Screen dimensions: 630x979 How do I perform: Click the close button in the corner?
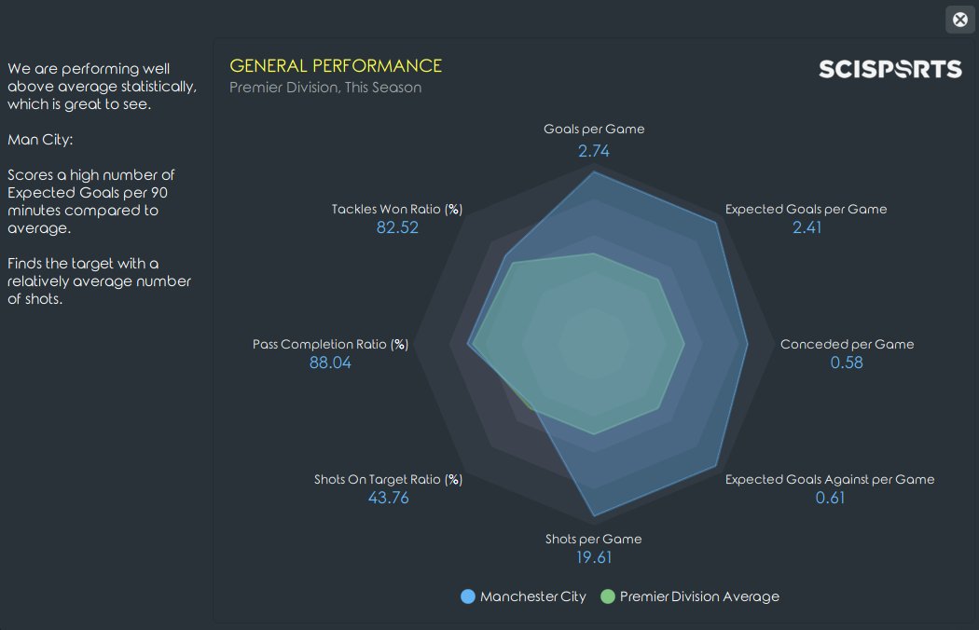(x=959, y=20)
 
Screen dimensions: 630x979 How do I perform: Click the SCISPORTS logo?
(x=889, y=69)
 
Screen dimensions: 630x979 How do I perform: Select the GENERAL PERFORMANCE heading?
(x=336, y=66)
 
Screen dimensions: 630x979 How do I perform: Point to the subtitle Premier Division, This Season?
(x=325, y=88)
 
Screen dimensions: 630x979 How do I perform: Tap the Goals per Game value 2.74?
(x=593, y=150)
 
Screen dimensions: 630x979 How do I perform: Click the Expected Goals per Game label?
(x=806, y=209)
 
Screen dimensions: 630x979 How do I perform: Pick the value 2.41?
(x=807, y=227)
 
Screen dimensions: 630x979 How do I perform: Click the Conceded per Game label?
(x=847, y=344)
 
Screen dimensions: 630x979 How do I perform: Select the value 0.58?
(x=847, y=363)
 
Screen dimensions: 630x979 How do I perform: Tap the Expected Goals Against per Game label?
(x=829, y=479)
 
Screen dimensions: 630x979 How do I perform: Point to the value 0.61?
(x=830, y=498)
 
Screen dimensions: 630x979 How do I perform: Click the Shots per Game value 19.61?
(x=594, y=558)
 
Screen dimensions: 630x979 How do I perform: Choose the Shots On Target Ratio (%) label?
(x=388, y=479)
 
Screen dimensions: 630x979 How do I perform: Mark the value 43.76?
(x=389, y=498)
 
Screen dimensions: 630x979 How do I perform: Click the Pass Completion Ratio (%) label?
(x=330, y=344)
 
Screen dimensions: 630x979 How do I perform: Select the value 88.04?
(x=330, y=363)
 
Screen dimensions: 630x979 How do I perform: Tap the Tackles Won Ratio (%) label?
(x=397, y=209)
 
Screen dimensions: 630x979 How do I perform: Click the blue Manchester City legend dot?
(x=468, y=596)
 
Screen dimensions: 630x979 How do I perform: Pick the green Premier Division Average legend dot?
(x=608, y=596)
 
